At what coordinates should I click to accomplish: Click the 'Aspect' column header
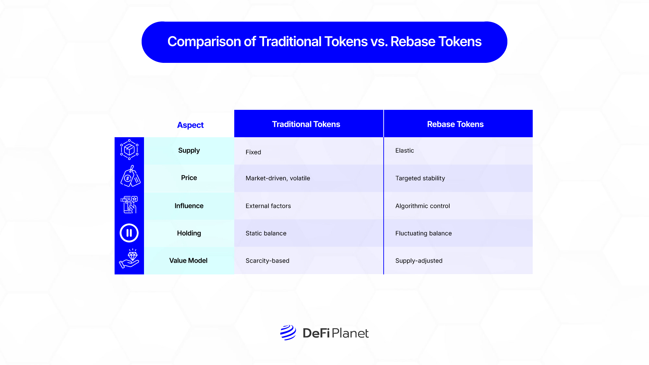190,125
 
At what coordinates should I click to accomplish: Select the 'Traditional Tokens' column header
306,124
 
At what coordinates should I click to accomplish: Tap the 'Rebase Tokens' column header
455,124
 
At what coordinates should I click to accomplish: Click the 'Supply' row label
189,150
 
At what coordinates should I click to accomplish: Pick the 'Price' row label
189,178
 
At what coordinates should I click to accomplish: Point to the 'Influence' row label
189,206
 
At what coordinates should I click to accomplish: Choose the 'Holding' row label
189,233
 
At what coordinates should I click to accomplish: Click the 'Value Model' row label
188,261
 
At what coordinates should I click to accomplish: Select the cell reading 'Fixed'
253,152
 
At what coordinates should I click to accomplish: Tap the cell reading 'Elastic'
405,150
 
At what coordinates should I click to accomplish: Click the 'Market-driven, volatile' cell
278,178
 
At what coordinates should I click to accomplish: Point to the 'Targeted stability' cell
420,178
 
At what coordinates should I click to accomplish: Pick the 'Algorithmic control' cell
423,206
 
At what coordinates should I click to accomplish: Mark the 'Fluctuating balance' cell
424,233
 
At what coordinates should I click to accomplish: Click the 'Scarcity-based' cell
267,261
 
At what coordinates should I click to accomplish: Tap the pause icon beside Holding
129,233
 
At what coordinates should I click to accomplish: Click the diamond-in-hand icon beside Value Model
129,259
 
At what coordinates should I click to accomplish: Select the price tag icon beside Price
130,176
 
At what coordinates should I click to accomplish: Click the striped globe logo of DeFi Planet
288,333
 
